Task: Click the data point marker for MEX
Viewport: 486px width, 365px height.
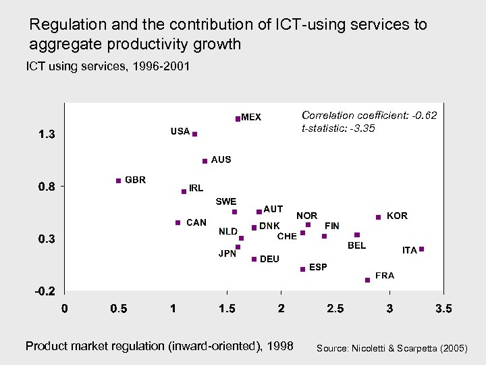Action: tap(238, 118)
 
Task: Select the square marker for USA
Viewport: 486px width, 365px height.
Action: tap(194, 135)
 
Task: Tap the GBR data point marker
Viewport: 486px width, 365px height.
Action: tap(118, 180)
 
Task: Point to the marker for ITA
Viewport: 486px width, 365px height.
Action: tap(421, 249)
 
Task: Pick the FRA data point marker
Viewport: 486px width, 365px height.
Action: tap(367, 279)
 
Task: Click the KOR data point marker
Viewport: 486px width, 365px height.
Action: tap(379, 217)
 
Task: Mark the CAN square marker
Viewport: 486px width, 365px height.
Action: tap(178, 222)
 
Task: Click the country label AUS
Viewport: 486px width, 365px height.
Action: tap(221, 160)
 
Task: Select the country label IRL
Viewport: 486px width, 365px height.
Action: tap(196, 188)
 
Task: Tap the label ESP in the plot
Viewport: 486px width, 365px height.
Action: tap(318, 267)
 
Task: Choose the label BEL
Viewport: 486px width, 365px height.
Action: tap(356, 245)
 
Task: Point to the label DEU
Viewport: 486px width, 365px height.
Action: tap(269, 259)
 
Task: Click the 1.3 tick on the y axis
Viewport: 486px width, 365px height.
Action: tap(47, 135)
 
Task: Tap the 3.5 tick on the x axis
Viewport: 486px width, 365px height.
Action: tap(443, 309)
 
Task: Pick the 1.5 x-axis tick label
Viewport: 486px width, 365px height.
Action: tap(227, 309)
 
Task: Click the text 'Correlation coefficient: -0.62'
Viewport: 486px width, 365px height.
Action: tap(369, 116)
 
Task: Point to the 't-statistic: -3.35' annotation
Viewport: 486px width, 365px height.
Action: tap(338, 128)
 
